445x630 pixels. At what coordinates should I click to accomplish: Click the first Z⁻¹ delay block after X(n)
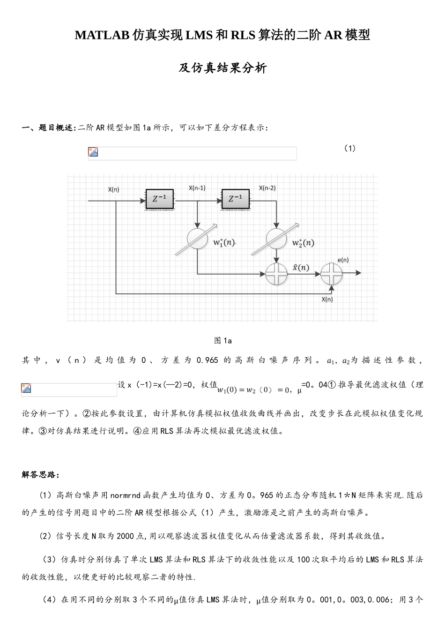click(x=159, y=199)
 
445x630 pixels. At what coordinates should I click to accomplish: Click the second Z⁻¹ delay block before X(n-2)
click(x=235, y=199)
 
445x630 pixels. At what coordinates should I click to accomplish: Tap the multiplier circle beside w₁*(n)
click(x=197, y=239)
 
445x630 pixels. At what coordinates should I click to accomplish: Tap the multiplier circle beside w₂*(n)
click(x=276, y=239)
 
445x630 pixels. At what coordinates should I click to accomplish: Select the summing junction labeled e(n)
click(x=332, y=273)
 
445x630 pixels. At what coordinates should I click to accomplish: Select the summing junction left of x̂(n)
click(x=276, y=273)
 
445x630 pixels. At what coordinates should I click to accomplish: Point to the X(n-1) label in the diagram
click(x=197, y=188)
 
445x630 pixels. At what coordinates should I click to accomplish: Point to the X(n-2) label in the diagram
click(x=267, y=188)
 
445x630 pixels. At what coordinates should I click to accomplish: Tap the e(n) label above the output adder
click(x=343, y=260)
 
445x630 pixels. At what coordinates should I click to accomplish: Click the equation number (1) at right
click(x=349, y=148)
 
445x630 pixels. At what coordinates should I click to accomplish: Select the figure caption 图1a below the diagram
click(x=222, y=340)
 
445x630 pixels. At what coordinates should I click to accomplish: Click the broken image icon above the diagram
click(x=93, y=152)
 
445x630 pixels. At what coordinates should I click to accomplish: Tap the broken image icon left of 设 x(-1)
click(x=26, y=388)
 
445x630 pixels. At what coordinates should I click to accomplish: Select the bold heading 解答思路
click(x=40, y=475)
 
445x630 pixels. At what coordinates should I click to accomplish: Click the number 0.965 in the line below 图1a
click(x=208, y=360)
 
